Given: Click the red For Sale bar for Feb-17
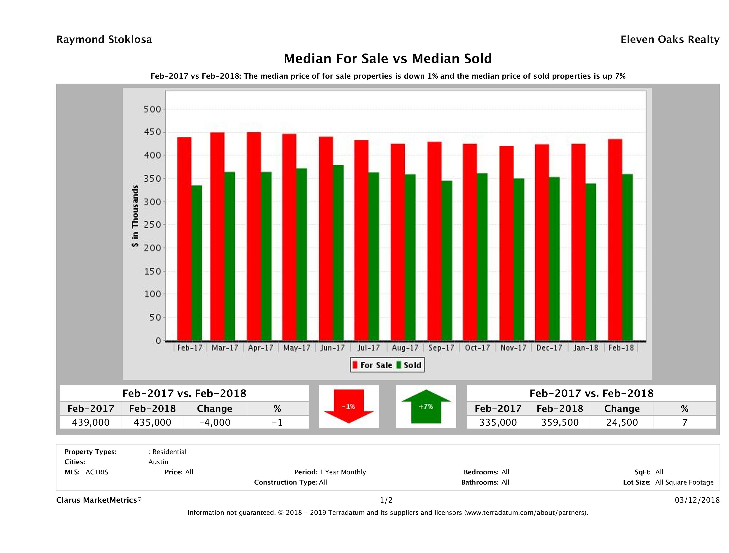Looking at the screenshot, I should coord(184,239).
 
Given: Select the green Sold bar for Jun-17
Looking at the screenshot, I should coord(338,253).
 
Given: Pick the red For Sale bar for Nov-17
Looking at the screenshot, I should coord(506,243).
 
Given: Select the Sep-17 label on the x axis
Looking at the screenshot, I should coord(441,348).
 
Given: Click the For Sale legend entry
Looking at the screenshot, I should coord(373,365).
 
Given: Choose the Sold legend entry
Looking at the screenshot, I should coord(409,365).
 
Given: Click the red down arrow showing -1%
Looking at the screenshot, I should coord(349,406).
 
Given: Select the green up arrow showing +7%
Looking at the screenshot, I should coord(426,406).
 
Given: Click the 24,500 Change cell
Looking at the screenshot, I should coord(622,422).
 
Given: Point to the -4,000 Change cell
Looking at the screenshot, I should coord(215,422).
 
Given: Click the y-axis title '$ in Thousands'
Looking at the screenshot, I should coord(135,216).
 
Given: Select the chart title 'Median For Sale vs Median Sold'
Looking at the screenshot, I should coord(388,59).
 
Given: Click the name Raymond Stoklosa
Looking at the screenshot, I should coord(104,40).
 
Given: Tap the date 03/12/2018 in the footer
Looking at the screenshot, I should coord(697,500).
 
